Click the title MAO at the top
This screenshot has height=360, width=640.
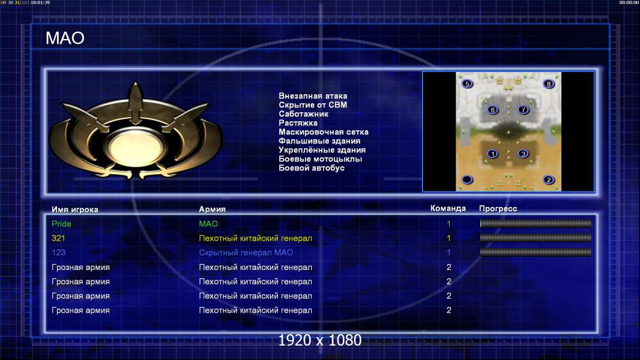(x=65, y=38)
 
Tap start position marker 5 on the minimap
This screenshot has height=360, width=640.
(x=467, y=84)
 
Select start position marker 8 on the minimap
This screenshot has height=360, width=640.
(x=549, y=84)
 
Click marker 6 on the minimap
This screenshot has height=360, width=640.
(x=493, y=110)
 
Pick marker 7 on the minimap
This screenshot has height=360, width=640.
(x=524, y=110)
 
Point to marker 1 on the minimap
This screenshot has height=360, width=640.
(x=493, y=154)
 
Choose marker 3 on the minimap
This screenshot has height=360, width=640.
(x=524, y=154)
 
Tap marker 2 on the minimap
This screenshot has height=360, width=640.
(x=549, y=180)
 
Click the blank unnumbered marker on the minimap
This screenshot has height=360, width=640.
(x=467, y=179)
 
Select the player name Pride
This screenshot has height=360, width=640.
(x=61, y=224)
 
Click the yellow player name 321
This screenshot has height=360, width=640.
(x=58, y=238)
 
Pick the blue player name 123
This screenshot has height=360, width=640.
(x=58, y=253)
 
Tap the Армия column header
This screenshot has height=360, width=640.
(x=213, y=209)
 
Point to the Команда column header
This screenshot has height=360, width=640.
(x=448, y=208)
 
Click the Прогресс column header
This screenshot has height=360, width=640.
(x=498, y=209)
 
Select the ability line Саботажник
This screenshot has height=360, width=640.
(x=304, y=114)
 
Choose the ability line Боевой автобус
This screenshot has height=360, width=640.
(x=312, y=168)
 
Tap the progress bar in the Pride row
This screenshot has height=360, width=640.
(x=536, y=223)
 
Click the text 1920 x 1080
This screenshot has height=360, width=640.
(x=320, y=340)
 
